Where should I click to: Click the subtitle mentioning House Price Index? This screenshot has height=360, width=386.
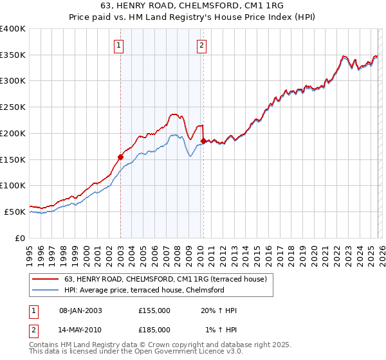192,18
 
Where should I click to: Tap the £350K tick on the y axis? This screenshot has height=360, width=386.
13,55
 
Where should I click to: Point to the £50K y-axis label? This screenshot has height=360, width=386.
15,212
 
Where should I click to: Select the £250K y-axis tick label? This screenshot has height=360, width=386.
13,107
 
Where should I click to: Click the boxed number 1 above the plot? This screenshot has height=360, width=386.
120,45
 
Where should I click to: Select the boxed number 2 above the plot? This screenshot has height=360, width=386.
202,45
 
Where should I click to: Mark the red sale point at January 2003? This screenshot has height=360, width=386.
120,156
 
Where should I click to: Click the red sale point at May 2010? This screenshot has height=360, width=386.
203,141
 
